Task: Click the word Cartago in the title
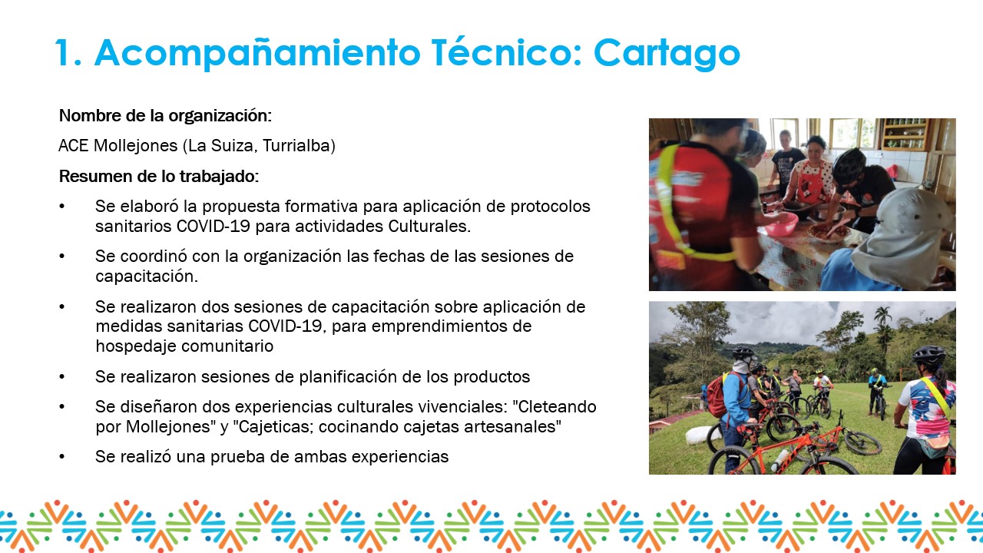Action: coord(667,53)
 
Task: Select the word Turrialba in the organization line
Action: coord(299,146)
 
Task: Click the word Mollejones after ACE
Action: coord(136,146)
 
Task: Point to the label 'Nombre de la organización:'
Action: coord(165,116)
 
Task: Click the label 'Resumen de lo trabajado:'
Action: coord(159,177)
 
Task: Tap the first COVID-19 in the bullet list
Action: coord(213,227)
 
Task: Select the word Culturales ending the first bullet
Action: coord(429,227)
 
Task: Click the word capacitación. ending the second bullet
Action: coord(147,276)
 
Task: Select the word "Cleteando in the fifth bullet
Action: coord(554,407)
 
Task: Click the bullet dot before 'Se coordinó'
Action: coord(62,257)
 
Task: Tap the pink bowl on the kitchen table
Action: coord(781,224)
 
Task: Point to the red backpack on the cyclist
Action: coord(719,395)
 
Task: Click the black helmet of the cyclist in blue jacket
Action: coord(743,353)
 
